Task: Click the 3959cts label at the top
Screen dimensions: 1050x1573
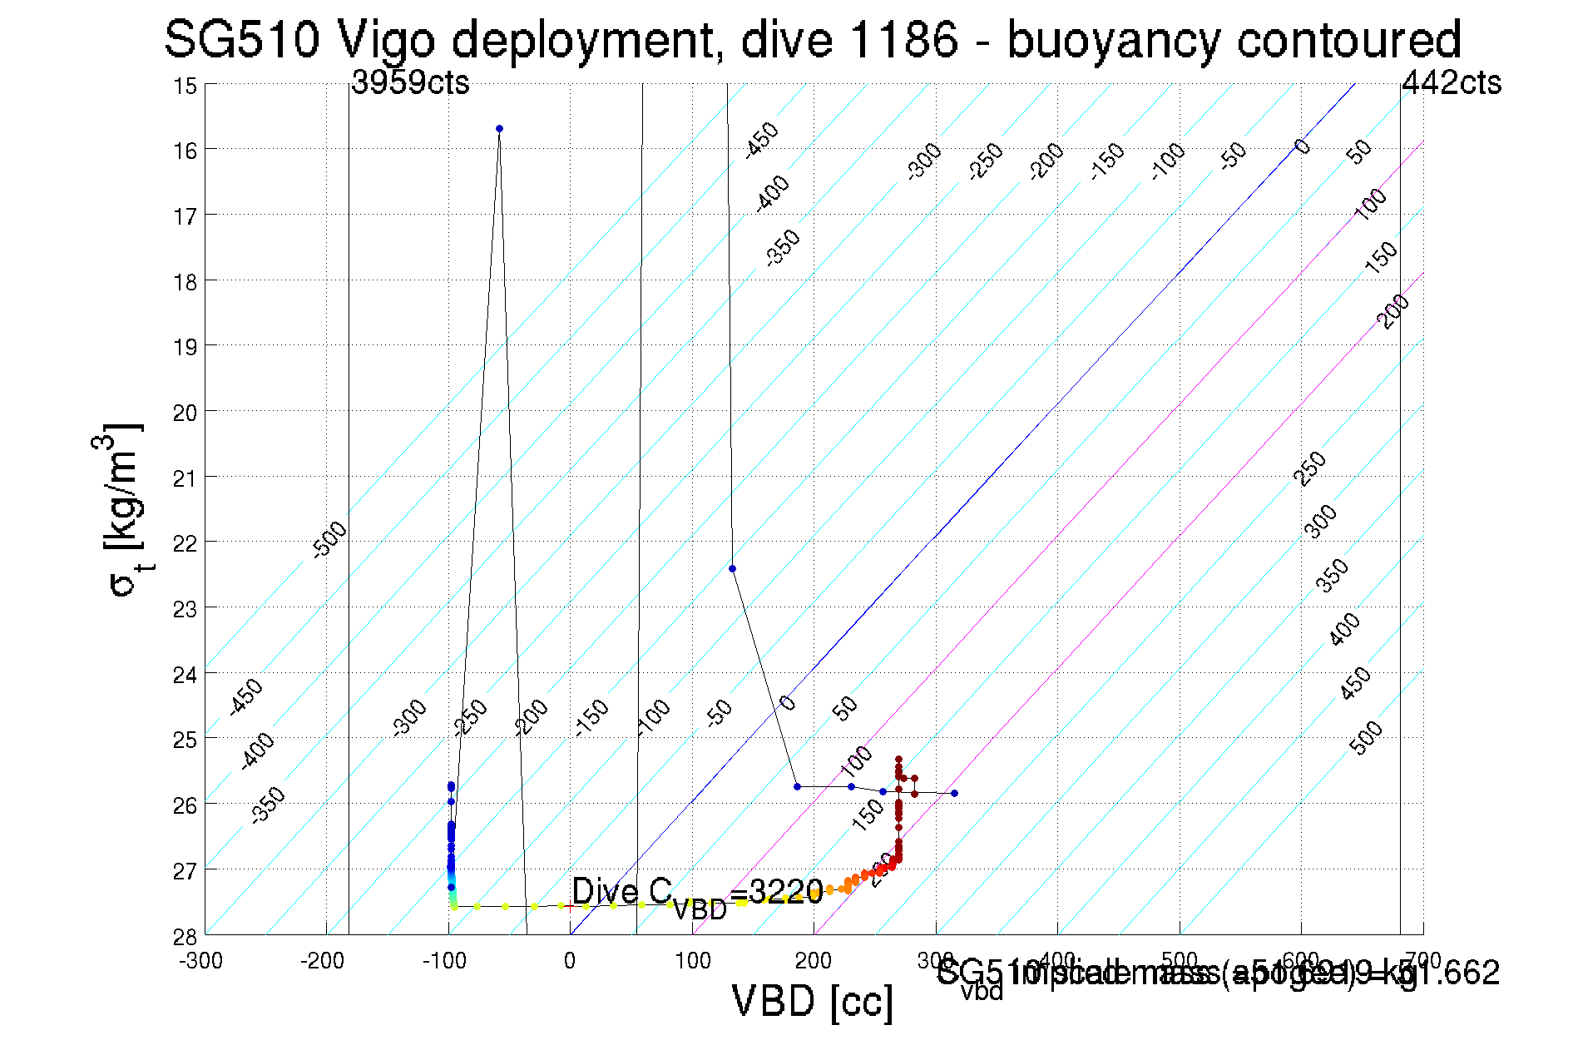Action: tap(410, 82)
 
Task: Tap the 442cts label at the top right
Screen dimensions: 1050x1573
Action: tap(1452, 82)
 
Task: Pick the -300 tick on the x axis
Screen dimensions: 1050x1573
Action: tap(200, 961)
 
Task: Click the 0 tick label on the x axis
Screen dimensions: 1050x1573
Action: tap(570, 961)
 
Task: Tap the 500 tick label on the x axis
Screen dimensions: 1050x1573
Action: tap(1180, 961)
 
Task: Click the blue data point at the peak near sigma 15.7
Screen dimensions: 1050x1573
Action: tap(499, 128)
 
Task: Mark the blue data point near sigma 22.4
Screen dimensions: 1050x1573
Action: tap(732, 569)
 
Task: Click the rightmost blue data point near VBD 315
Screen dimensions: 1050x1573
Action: tap(954, 793)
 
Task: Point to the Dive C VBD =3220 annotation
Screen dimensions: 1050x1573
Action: tap(697, 895)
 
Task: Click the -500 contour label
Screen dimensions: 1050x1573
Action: tap(329, 540)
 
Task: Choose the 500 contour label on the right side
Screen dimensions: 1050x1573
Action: tap(1367, 738)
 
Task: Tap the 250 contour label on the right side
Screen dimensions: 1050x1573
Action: tap(1310, 468)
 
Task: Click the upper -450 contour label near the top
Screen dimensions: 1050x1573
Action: tap(761, 139)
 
